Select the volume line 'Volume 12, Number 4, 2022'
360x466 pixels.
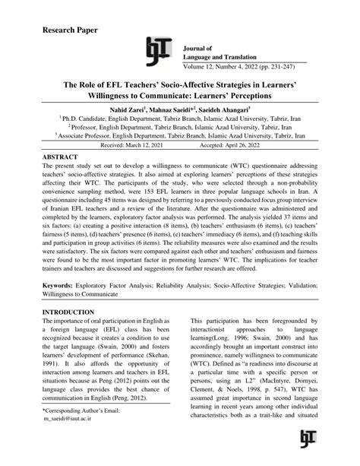[244, 65]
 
